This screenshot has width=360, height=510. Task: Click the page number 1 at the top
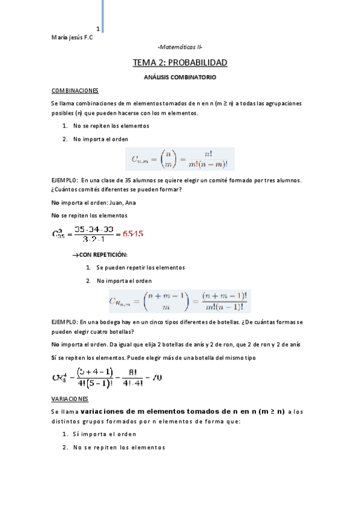97,28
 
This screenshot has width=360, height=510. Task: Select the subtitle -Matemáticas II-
180,47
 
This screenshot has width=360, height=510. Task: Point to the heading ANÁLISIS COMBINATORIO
180,78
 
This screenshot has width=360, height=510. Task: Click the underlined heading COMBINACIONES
75,90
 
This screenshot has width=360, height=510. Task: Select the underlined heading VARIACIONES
70,399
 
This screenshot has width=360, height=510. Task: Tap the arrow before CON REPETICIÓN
76,256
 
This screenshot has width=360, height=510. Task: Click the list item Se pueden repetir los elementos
140,268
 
